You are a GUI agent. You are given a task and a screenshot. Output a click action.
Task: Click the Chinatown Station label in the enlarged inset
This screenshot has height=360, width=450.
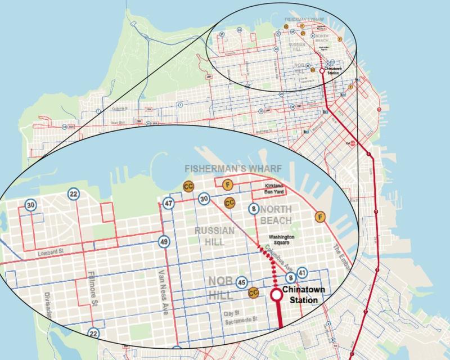coord(303,296)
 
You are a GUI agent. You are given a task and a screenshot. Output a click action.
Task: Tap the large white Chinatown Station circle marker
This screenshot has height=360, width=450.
coord(277,295)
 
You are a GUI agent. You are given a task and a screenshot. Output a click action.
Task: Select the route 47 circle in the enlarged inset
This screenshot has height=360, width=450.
coord(168,204)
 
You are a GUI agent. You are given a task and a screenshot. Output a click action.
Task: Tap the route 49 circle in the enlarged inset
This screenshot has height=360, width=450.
coord(164,242)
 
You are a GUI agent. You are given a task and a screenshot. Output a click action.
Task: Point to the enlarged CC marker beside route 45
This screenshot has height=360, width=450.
coord(253,292)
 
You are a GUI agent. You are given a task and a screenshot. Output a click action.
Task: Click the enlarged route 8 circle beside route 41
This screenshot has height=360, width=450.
coord(291,278)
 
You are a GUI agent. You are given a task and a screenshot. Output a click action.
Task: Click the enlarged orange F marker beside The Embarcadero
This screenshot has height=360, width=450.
coord(320,216)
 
